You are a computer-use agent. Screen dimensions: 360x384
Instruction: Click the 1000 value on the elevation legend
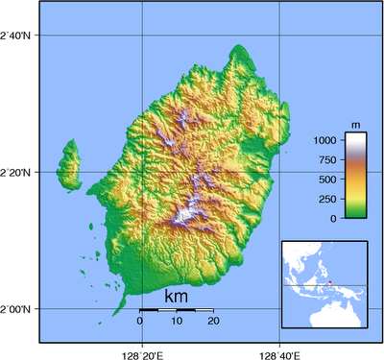[x=326, y=140]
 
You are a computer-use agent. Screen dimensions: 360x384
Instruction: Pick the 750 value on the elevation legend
[x=329, y=159]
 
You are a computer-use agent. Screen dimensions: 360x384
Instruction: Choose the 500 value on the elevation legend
[x=329, y=180]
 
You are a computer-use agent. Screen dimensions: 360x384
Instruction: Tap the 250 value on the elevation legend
[x=329, y=199]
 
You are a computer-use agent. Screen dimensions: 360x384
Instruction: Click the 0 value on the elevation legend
[x=335, y=218]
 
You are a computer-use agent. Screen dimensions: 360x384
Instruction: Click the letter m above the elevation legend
[x=355, y=126]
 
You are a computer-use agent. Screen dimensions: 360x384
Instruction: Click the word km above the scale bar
[x=177, y=297]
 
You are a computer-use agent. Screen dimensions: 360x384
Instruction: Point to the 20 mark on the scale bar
[x=212, y=321]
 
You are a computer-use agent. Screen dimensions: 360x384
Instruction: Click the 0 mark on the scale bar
[x=140, y=321]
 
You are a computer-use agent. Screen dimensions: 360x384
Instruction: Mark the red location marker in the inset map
[x=330, y=282]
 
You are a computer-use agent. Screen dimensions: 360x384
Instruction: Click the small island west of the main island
[x=68, y=165]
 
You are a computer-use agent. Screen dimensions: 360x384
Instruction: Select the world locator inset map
[x=324, y=285]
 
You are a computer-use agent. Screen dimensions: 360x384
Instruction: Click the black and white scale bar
[x=177, y=310]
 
